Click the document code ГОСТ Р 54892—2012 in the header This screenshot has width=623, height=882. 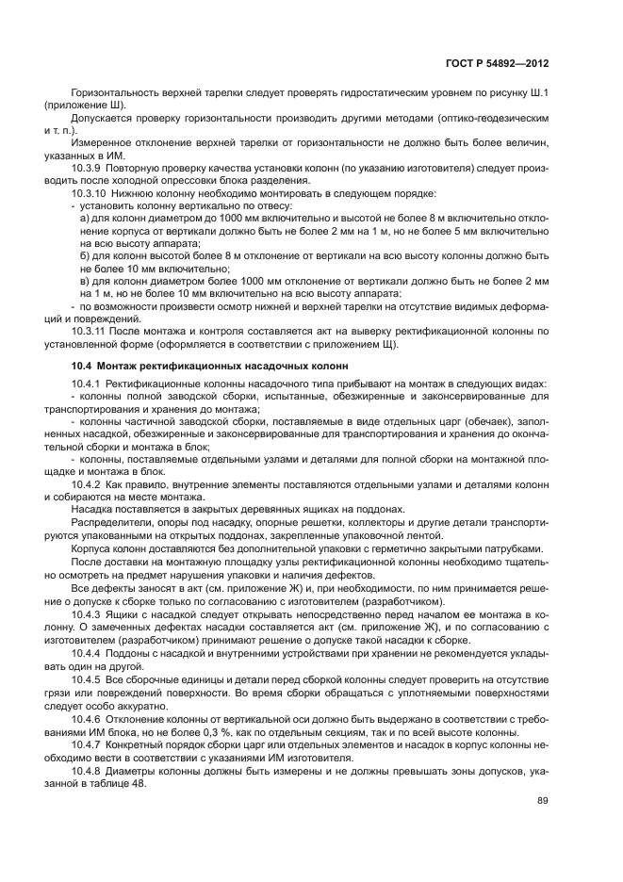click(x=498, y=62)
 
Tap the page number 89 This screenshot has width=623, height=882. click(x=543, y=801)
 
